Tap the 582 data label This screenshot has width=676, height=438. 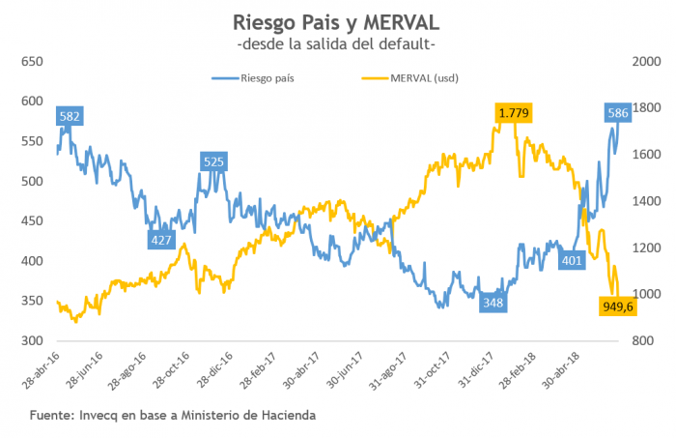[70, 117]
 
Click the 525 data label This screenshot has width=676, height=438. [213, 161]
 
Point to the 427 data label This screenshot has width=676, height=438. [161, 240]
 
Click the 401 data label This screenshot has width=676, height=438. [572, 260]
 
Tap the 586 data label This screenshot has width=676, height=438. [619, 113]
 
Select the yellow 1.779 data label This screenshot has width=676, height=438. [513, 113]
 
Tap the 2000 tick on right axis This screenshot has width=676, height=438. [645, 61]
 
